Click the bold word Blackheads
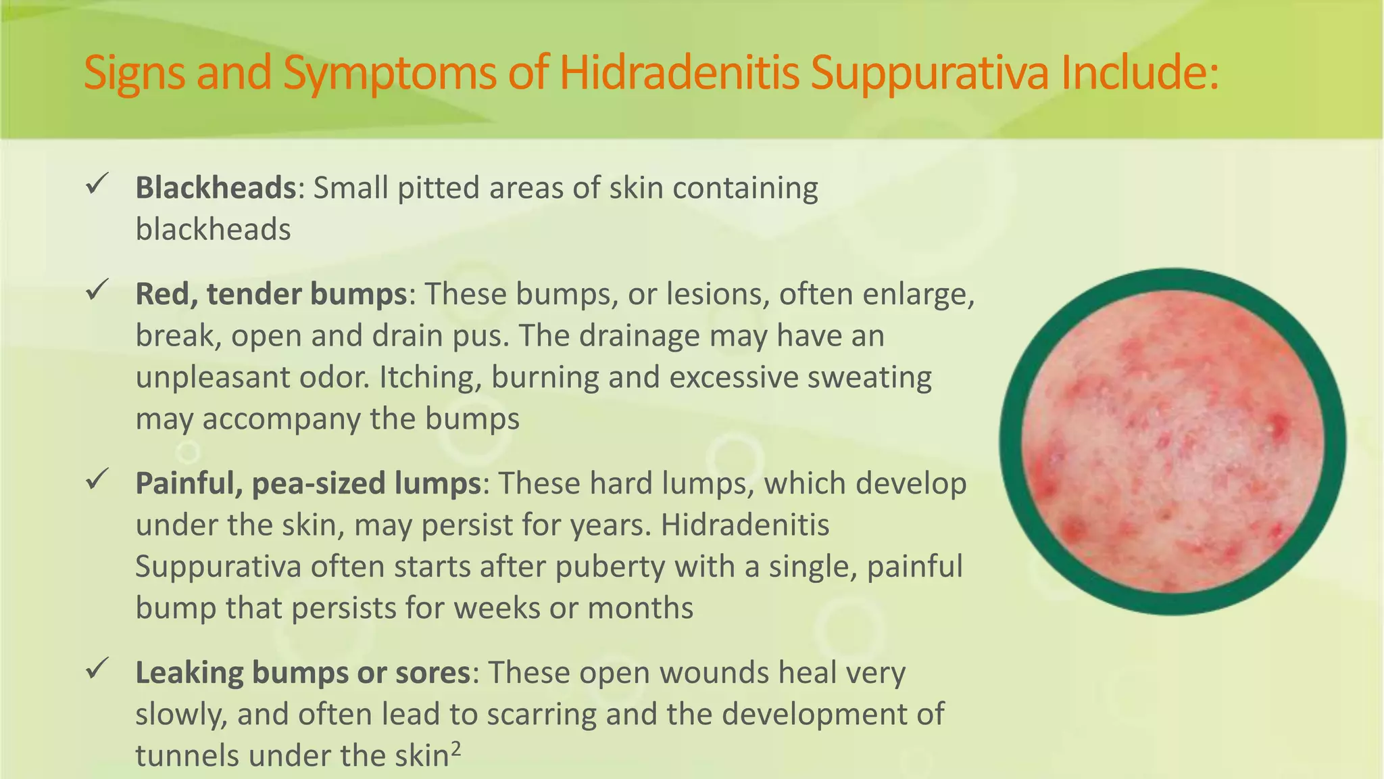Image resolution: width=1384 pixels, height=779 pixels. (x=216, y=187)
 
